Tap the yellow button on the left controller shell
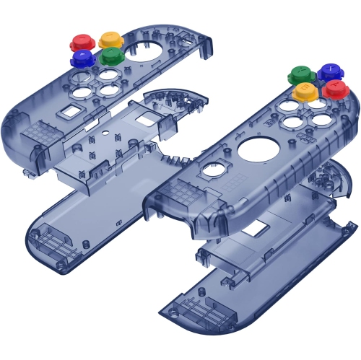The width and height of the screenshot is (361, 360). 111,39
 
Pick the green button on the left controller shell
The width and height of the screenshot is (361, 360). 110,56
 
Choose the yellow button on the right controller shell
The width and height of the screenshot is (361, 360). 305,91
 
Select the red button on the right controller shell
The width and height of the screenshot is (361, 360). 335,89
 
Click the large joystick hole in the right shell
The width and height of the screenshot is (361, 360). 255,150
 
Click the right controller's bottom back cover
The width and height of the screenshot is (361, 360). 217,303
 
